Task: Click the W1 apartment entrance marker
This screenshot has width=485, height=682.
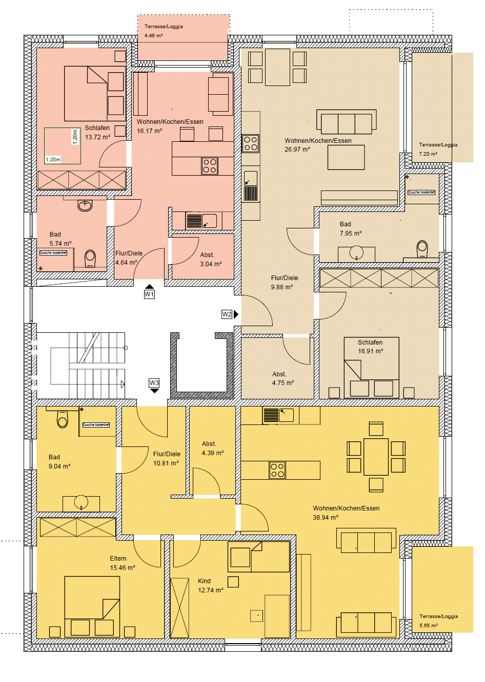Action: coord(149,294)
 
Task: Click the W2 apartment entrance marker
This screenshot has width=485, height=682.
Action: coord(227,314)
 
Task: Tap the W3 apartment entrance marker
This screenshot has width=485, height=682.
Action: coord(154,383)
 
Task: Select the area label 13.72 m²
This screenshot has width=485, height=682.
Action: coord(97,137)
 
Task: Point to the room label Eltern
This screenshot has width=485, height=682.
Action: coord(118,559)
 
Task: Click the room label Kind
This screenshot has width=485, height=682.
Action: coord(204,581)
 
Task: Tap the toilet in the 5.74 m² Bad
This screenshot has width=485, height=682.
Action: coord(90,259)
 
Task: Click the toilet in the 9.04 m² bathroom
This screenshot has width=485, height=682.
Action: coord(63,419)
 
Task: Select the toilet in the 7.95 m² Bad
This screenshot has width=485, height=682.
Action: coord(422,249)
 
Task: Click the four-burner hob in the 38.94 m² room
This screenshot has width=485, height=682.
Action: coord(277,470)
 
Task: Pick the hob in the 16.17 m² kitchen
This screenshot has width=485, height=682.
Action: coord(210,166)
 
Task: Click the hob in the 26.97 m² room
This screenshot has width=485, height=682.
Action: coord(250,143)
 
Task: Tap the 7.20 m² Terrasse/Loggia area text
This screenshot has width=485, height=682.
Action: coord(428,154)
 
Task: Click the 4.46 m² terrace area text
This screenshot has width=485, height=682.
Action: coord(153,36)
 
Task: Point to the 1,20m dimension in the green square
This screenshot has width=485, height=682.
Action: coord(53,160)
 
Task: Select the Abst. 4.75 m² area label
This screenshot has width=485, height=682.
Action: coord(282,383)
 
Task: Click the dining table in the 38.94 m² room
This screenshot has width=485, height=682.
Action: coord(376,456)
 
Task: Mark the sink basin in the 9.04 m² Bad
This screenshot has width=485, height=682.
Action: coord(81,502)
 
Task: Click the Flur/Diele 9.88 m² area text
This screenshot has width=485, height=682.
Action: coord(281,287)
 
